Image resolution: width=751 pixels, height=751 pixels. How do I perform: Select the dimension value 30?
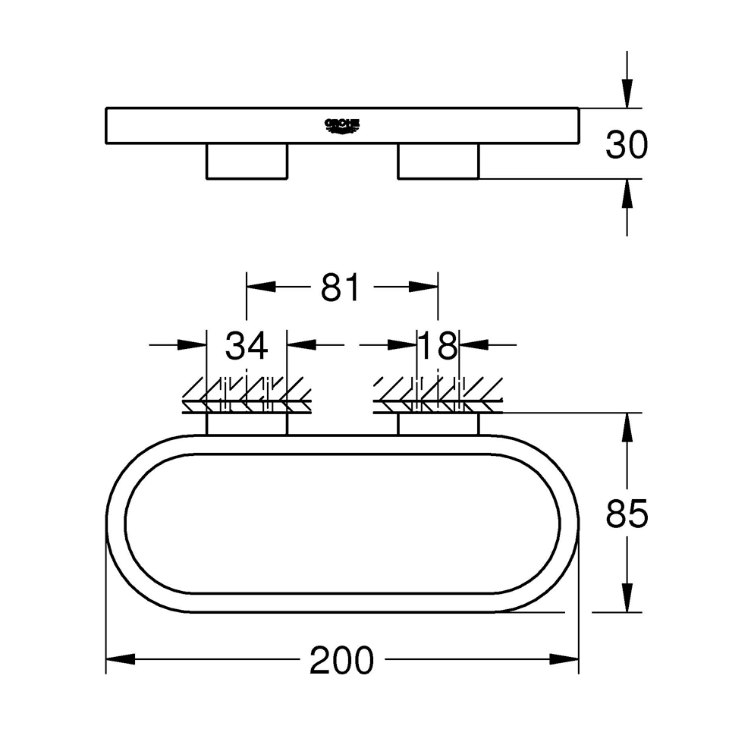(627, 144)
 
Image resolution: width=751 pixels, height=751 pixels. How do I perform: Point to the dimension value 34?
(247, 346)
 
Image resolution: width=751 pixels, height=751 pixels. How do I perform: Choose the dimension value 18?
(438, 346)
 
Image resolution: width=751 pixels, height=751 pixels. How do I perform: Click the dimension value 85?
(627, 515)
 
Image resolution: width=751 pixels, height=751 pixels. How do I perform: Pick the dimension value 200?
(341, 661)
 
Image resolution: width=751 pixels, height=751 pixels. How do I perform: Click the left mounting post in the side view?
(247, 161)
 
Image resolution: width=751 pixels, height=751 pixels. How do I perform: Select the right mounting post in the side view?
(438, 161)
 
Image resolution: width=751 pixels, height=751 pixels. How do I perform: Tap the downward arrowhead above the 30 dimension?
(627, 95)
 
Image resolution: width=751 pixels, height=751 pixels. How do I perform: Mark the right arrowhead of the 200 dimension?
(564, 659)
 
